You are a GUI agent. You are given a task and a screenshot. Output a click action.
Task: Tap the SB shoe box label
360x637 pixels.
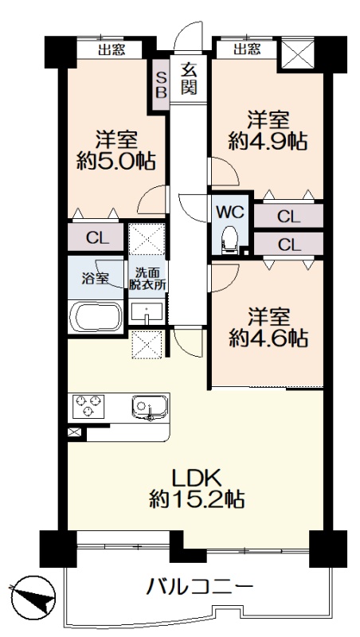pyautogui.click(x=162, y=84)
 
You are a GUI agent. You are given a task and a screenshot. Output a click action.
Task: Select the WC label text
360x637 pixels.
pyautogui.click(x=230, y=212)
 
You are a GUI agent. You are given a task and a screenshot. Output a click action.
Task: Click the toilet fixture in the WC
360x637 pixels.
pyautogui.click(x=229, y=240)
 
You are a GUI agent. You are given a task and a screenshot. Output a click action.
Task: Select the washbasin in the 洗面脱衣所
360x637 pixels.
pyautogui.click(x=147, y=313)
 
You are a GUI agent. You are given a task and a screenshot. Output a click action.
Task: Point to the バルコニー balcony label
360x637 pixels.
pyautogui.click(x=201, y=587)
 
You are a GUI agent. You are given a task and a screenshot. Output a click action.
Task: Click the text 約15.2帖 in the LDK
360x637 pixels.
pyautogui.click(x=197, y=499)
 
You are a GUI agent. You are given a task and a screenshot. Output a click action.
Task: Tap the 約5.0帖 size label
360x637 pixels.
pyautogui.click(x=115, y=162)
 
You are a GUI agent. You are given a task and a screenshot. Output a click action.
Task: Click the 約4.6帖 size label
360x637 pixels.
pyautogui.click(x=268, y=338)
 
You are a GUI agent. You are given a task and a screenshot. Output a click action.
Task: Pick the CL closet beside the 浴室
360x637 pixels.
pyautogui.click(x=96, y=237)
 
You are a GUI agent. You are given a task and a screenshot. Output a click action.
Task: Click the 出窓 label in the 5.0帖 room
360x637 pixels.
pyautogui.click(x=112, y=50)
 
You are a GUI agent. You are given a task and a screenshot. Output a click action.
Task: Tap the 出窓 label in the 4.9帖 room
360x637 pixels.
pyautogui.click(x=247, y=50)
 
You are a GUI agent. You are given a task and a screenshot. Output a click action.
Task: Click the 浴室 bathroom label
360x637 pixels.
pyautogui.click(x=95, y=279)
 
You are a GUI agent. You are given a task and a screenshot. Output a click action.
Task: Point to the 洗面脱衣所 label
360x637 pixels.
pyautogui.click(x=147, y=279)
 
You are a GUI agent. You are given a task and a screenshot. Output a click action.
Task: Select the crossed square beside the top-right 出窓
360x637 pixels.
pyautogui.click(x=298, y=53)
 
